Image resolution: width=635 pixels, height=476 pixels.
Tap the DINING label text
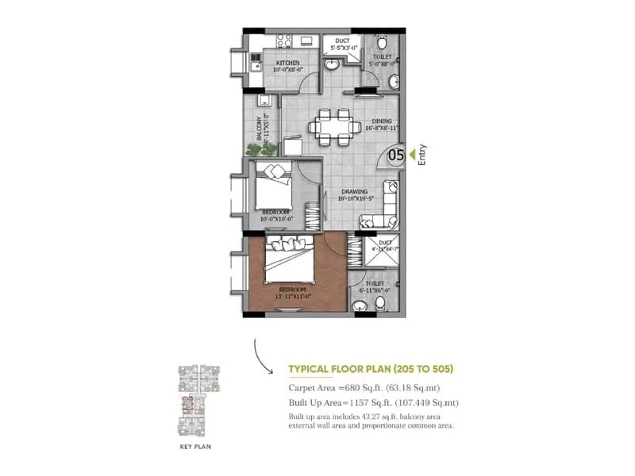coord(382,122)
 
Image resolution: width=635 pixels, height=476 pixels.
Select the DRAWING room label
coord(354,191)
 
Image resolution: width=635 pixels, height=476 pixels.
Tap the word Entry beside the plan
coord(422,154)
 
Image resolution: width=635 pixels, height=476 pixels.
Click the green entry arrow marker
coord(410,155)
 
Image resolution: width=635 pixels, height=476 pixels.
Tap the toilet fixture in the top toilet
coord(382,42)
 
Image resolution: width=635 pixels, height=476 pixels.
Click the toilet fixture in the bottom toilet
coord(379,302)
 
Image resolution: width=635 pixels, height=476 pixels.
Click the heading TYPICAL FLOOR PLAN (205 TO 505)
coord(371,369)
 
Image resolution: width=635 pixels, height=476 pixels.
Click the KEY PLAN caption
coord(194,447)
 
